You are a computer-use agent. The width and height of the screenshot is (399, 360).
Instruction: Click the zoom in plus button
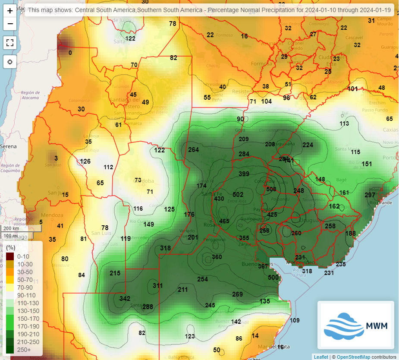(10, 11)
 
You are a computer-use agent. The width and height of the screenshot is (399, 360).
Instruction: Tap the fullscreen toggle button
(10, 42)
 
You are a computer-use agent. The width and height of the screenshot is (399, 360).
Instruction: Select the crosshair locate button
(10, 62)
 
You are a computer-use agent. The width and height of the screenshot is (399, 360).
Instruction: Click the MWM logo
(356, 325)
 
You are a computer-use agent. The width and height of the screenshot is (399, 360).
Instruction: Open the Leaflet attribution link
(320, 357)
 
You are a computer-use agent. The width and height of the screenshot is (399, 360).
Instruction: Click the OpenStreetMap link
(353, 357)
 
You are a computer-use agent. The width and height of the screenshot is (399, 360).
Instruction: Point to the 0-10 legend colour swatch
(10, 256)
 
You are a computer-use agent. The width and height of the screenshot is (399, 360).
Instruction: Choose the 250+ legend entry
(10, 350)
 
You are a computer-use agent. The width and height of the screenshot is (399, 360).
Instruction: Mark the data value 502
(238, 195)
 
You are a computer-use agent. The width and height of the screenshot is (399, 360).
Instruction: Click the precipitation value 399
(244, 174)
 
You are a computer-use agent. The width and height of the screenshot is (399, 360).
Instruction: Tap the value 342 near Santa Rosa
(125, 299)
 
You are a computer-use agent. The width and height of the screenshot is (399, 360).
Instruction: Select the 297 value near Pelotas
(370, 195)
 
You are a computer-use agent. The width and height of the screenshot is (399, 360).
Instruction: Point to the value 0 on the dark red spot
(70, 53)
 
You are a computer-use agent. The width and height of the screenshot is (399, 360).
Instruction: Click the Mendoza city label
(52, 215)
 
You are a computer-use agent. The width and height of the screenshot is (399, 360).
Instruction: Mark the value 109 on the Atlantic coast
(294, 320)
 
